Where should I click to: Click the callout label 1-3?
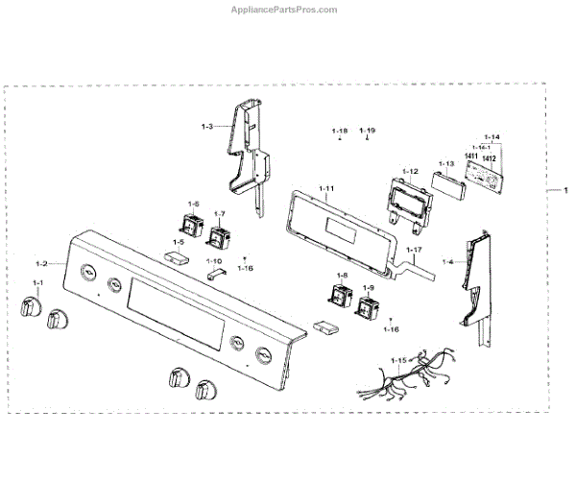[x=207, y=127]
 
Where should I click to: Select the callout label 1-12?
[x=410, y=171]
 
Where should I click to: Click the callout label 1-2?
[x=41, y=263]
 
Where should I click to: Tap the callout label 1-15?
[x=398, y=360]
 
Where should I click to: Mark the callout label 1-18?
[x=339, y=130]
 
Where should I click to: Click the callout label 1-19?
[x=368, y=130]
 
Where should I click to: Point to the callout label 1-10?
[x=214, y=261]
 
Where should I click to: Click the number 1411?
[x=470, y=157]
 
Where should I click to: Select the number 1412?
[x=490, y=157]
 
